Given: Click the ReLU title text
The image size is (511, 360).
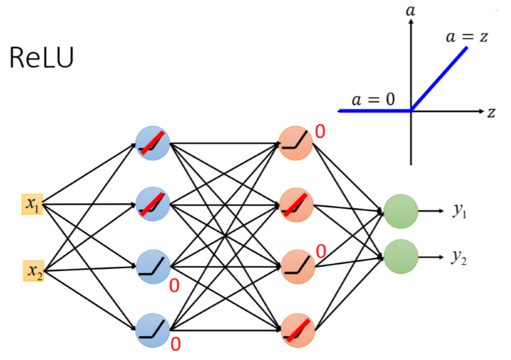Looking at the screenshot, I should click(x=41, y=58).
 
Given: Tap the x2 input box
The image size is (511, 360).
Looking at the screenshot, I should click(x=33, y=271).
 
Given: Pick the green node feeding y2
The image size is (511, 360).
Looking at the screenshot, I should click(x=401, y=256).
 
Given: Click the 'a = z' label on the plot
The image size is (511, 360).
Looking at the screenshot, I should click(x=467, y=37).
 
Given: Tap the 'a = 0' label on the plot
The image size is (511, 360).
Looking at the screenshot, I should click(x=373, y=99).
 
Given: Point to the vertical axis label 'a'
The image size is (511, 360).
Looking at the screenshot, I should click(x=411, y=9).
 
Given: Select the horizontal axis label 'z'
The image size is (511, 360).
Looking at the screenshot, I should click(x=491, y=112).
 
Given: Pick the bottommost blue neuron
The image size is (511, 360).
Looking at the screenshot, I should click(x=153, y=330).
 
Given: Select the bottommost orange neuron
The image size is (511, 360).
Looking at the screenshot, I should click(x=296, y=330).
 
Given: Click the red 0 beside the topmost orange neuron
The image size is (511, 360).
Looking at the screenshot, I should click(x=321, y=132).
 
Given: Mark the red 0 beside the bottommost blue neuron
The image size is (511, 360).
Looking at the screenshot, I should click(x=176, y=344).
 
